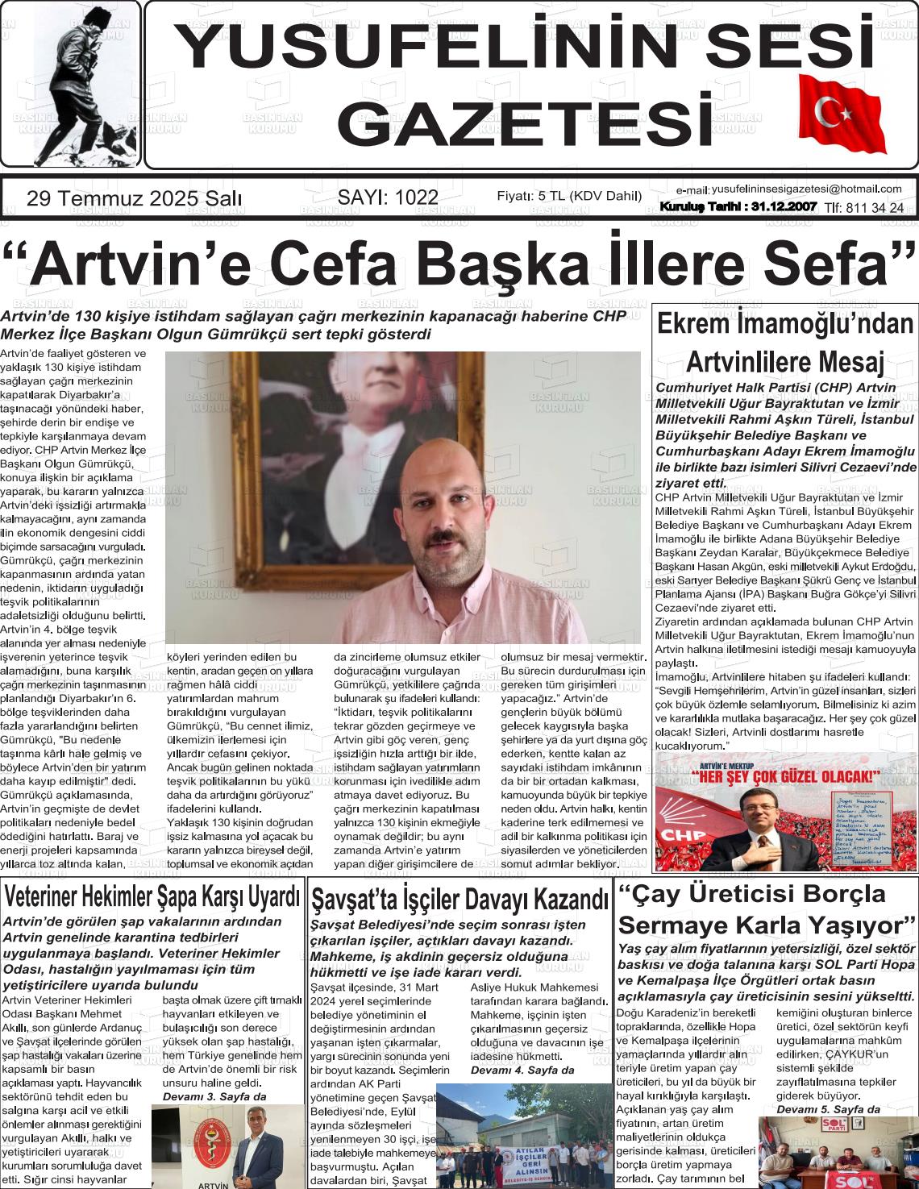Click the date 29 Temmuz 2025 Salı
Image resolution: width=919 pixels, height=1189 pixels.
click(x=134, y=198)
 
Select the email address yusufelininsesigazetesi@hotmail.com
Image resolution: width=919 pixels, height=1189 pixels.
click(x=806, y=189)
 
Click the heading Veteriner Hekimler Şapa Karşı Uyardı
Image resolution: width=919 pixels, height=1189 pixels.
click(x=152, y=896)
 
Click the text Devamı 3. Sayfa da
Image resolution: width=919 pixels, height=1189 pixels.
click(x=214, y=1097)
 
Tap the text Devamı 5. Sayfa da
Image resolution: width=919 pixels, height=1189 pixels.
click(x=828, y=1109)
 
